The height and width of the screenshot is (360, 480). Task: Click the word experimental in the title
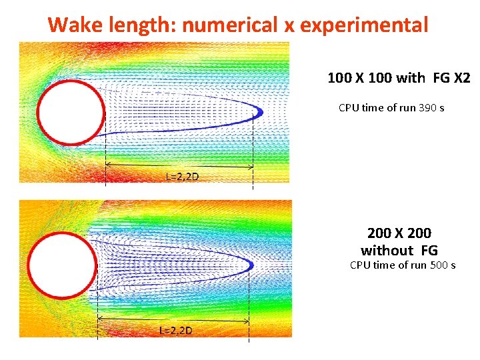[364, 25]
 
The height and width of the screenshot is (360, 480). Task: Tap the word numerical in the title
[230, 25]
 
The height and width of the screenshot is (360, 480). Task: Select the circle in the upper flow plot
[71, 112]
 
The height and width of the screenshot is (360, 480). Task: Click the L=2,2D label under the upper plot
[182, 176]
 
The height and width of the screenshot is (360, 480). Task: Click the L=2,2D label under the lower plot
[176, 330]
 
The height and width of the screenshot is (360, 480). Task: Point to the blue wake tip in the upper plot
[259, 111]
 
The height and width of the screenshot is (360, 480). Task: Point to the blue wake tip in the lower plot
[252, 265]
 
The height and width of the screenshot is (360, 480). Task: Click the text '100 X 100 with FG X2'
[399, 78]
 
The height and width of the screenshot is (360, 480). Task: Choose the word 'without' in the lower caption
[387, 251]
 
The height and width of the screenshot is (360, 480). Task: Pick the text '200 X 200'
[399, 233]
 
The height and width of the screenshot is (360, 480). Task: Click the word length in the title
[139, 25]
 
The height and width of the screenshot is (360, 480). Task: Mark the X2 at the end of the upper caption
[461, 78]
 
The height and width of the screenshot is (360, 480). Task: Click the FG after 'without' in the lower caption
[429, 251]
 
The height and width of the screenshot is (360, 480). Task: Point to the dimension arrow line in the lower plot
[173, 321]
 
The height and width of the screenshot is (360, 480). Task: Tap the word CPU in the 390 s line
[349, 107]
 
